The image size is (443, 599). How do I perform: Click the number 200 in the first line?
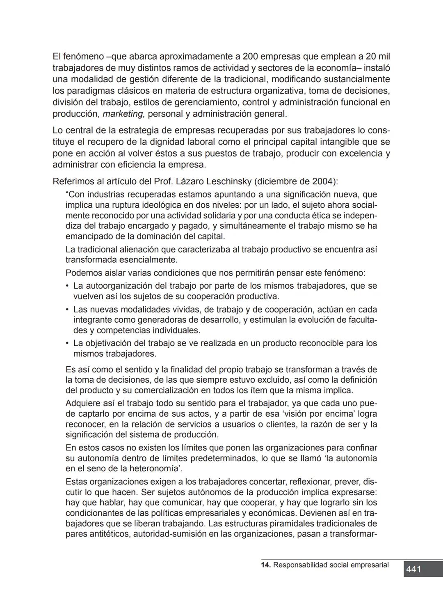pyautogui.click(x=251, y=56)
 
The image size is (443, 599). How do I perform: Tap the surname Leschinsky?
pyautogui.click(x=243, y=181)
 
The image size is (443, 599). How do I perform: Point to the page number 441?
pyautogui.click(x=413, y=569)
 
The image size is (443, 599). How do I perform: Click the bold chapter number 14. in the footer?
pyautogui.click(x=266, y=565)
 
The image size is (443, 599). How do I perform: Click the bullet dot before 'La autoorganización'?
pyautogui.click(x=67, y=286)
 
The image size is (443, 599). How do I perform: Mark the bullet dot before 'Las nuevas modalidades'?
pyautogui.click(x=67, y=310)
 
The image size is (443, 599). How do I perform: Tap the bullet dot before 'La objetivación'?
pyautogui.click(x=67, y=343)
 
